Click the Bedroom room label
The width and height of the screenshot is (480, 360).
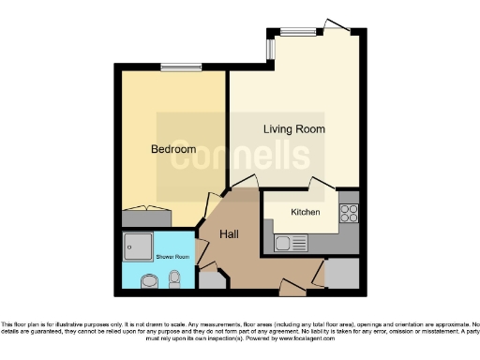click(x=173, y=149)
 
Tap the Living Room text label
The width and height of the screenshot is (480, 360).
click(x=293, y=128)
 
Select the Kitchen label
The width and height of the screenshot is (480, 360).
click(x=305, y=213)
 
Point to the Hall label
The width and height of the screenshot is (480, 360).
click(x=232, y=234)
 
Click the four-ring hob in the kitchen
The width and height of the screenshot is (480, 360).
click(x=349, y=213)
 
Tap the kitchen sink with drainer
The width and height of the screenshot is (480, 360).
click(x=292, y=244)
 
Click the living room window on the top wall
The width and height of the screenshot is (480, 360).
click(x=297, y=31)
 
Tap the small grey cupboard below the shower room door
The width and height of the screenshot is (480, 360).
click(x=212, y=277)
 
